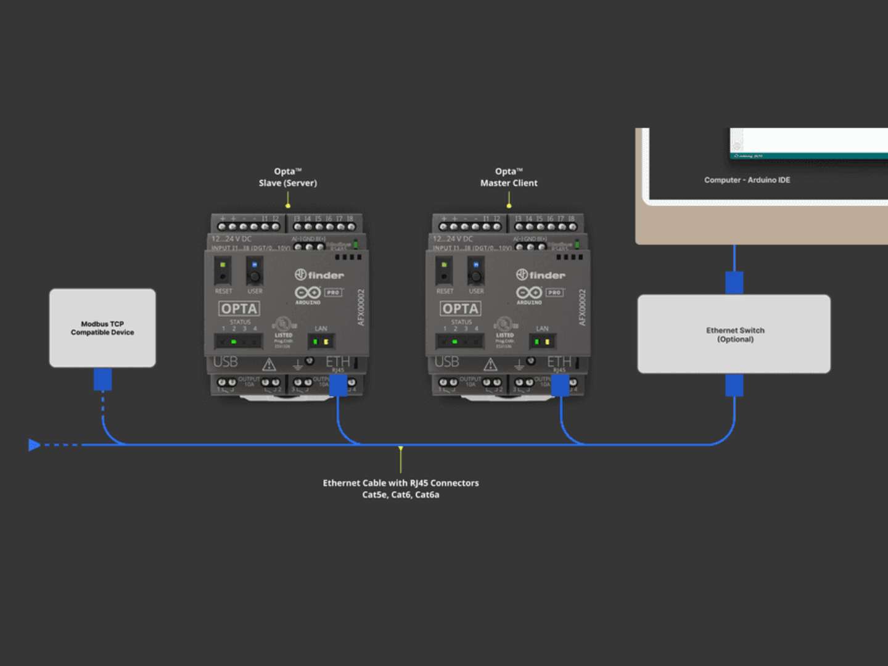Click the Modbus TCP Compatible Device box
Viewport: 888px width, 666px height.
[102, 328]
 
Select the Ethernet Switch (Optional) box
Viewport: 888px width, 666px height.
[734, 334]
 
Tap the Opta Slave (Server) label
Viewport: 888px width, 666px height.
[287, 177]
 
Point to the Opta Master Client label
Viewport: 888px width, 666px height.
[509, 177]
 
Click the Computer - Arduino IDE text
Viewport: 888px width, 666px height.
[747, 180]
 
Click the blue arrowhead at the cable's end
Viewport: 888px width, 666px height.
[35, 445]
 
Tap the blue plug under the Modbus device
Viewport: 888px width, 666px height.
[103, 379]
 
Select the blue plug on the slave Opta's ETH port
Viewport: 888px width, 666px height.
[338, 385]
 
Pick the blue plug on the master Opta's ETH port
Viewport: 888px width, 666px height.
[560, 385]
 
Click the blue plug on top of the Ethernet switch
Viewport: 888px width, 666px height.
[734, 282]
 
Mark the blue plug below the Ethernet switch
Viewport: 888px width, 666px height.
[734, 385]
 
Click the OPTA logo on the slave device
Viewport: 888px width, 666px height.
[239, 308]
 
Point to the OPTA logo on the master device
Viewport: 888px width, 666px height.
[460, 308]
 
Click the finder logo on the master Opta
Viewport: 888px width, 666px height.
[540, 275]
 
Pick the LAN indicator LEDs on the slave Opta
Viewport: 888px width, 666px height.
[321, 341]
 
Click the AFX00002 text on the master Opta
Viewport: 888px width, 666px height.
[582, 308]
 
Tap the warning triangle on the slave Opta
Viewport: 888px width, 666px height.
[269, 364]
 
